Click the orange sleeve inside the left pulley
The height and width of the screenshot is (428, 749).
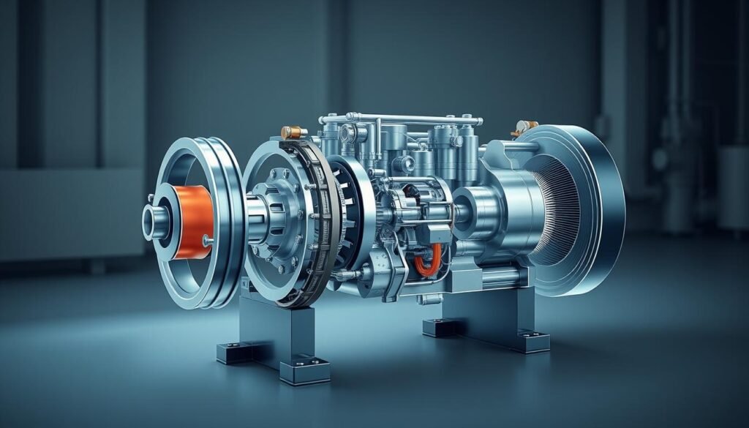pos(192,217)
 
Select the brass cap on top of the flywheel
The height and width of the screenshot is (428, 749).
pos(293,132)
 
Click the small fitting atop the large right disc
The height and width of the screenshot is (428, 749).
pos(524,128)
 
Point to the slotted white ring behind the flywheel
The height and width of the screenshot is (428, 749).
pos(358,212)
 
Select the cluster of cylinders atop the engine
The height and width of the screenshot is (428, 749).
pos(410,146)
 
